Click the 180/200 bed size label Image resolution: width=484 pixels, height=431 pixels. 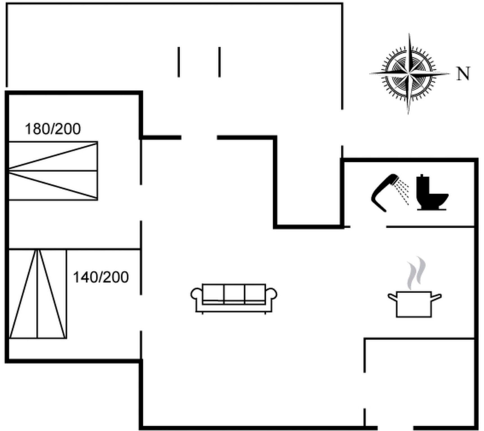[x=53, y=129]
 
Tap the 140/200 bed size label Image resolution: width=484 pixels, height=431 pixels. [x=101, y=277]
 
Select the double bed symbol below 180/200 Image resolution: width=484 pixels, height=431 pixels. [x=53, y=171]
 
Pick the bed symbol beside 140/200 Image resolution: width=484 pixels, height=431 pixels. [x=38, y=294]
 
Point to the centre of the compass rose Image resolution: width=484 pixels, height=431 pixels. [x=409, y=74]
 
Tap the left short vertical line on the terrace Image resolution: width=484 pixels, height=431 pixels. [x=179, y=62]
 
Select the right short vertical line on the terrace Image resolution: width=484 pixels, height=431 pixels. [x=220, y=62]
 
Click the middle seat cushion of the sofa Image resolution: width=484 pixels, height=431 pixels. [x=234, y=294]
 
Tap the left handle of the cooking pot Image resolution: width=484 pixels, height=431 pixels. [x=392, y=297]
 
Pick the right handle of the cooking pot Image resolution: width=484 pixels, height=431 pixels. [x=437, y=297]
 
